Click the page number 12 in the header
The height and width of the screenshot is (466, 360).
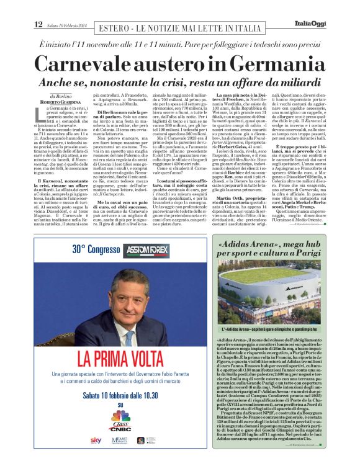(x=38, y=24)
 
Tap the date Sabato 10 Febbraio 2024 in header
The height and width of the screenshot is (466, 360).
(x=68, y=25)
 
